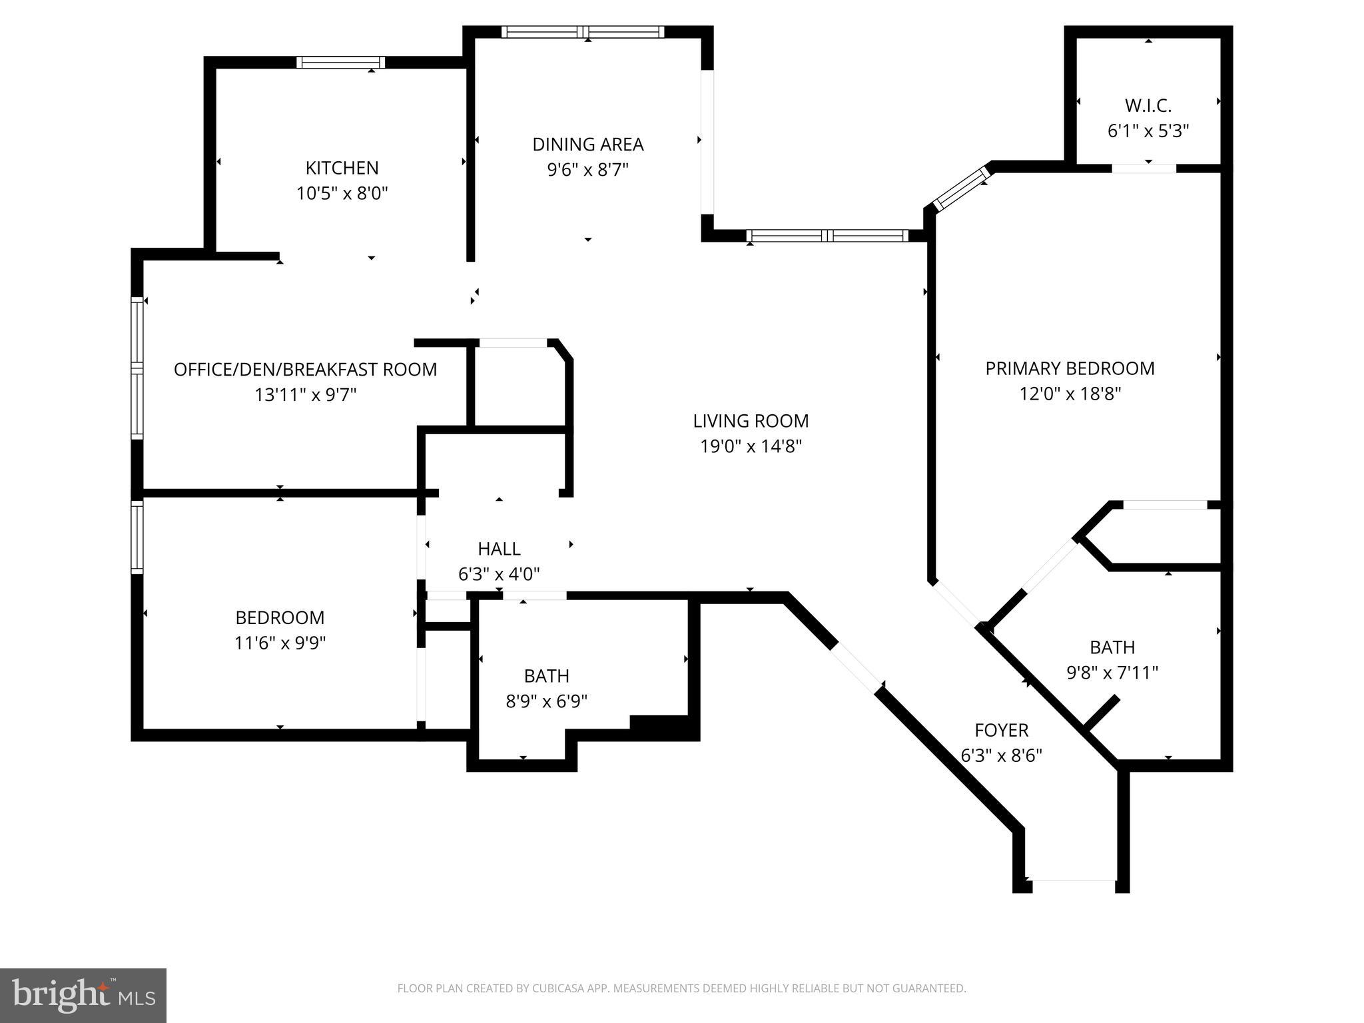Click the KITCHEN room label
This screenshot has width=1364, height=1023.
[342, 168]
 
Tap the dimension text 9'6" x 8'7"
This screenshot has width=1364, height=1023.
[587, 170]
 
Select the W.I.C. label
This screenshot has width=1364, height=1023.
[1148, 106]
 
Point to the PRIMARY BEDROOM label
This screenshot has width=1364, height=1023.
[1070, 368]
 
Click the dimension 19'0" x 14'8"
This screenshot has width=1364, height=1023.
[750, 446]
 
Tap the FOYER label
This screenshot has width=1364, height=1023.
[1001, 731]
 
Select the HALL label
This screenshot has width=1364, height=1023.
[499, 549]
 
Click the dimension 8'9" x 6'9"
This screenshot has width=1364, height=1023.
[546, 701]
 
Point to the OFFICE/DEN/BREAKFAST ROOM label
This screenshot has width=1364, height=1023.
[305, 370]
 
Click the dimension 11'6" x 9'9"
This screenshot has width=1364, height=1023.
[280, 643]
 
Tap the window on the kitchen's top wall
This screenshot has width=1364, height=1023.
[340, 63]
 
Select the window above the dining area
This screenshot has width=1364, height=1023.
[583, 32]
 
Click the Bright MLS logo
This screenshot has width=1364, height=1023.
[83, 995]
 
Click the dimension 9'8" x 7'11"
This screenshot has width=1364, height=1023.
[1112, 673]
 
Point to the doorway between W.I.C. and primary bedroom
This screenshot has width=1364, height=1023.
[1144, 169]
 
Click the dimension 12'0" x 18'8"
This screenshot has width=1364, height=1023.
[1070, 394]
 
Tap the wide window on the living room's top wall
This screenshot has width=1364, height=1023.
[827, 236]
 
